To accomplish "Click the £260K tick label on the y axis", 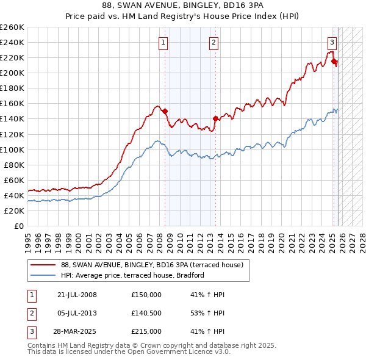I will pyautogui.click(x=12, y=27).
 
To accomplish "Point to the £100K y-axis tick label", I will pyautogui.click(x=12, y=149).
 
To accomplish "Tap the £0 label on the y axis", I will pyautogui.click(x=18, y=226).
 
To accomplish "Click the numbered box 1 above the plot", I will pyautogui.click(x=164, y=42).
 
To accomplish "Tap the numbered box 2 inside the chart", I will pyautogui.click(x=214, y=42).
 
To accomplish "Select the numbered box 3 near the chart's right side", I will pyautogui.click(x=332, y=42).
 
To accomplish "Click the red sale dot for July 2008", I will pyautogui.click(x=165, y=111).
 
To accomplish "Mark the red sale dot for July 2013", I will pyautogui.click(x=215, y=118).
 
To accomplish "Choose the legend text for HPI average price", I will pyautogui.click(x=132, y=276).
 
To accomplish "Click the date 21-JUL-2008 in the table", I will pyautogui.click(x=77, y=295).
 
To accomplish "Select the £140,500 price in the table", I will pyautogui.click(x=146, y=313).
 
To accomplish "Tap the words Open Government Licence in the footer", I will pyautogui.click(x=182, y=352).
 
